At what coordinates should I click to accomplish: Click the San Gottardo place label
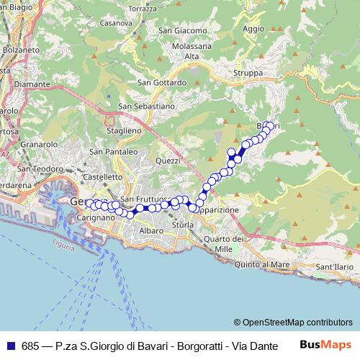pyautogui.click(x=161, y=82)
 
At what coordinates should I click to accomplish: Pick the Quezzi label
pyautogui.click(x=168, y=161)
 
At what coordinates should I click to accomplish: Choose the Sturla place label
pyautogui.click(x=183, y=225)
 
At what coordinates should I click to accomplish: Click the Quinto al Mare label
pyautogui.click(x=261, y=265)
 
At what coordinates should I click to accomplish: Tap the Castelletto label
pyautogui.click(x=103, y=176)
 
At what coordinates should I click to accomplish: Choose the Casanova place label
pyautogui.click(x=115, y=22)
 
